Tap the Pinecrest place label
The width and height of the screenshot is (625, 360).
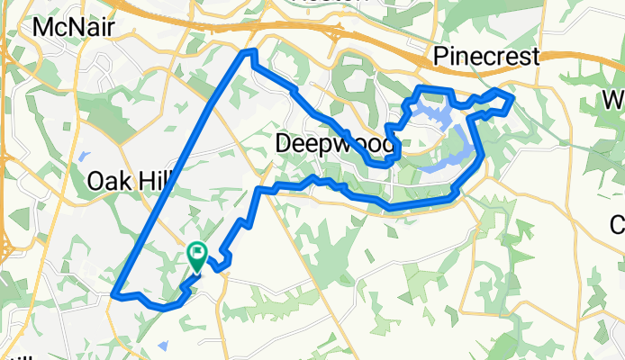(x=486, y=57)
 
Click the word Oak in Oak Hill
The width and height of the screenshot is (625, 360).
(x=109, y=181)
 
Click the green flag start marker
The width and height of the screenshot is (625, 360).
(x=197, y=256)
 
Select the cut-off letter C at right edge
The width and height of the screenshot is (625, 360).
(x=618, y=223)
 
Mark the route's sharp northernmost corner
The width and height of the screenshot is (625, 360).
(x=249, y=54)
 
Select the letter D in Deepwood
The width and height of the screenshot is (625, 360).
(x=284, y=144)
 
